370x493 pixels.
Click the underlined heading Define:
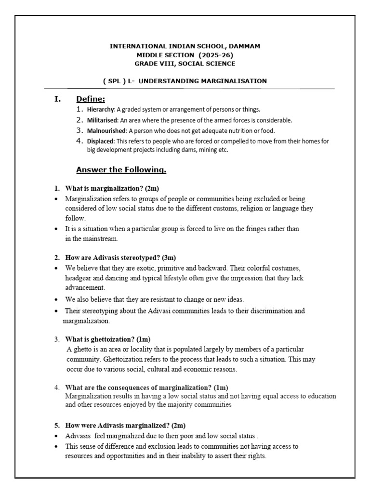tap(91, 99)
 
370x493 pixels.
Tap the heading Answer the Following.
tap(121, 169)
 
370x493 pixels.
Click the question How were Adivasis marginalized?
tap(125, 426)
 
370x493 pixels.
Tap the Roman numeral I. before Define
tap(58, 99)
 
